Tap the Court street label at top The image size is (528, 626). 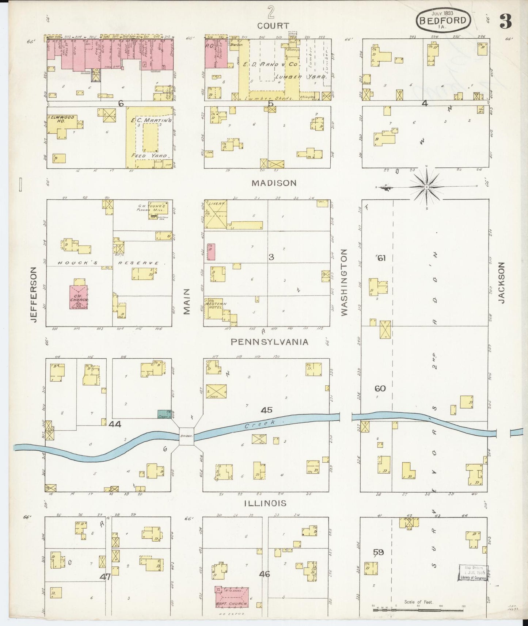tap(273, 26)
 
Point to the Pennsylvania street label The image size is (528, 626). tap(269, 342)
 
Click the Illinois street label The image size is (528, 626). tap(265, 503)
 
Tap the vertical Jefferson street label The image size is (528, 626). tap(34, 294)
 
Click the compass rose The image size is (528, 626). tap(426, 187)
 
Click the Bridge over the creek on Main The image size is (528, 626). tap(186, 436)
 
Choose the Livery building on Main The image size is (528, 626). tap(215, 215)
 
